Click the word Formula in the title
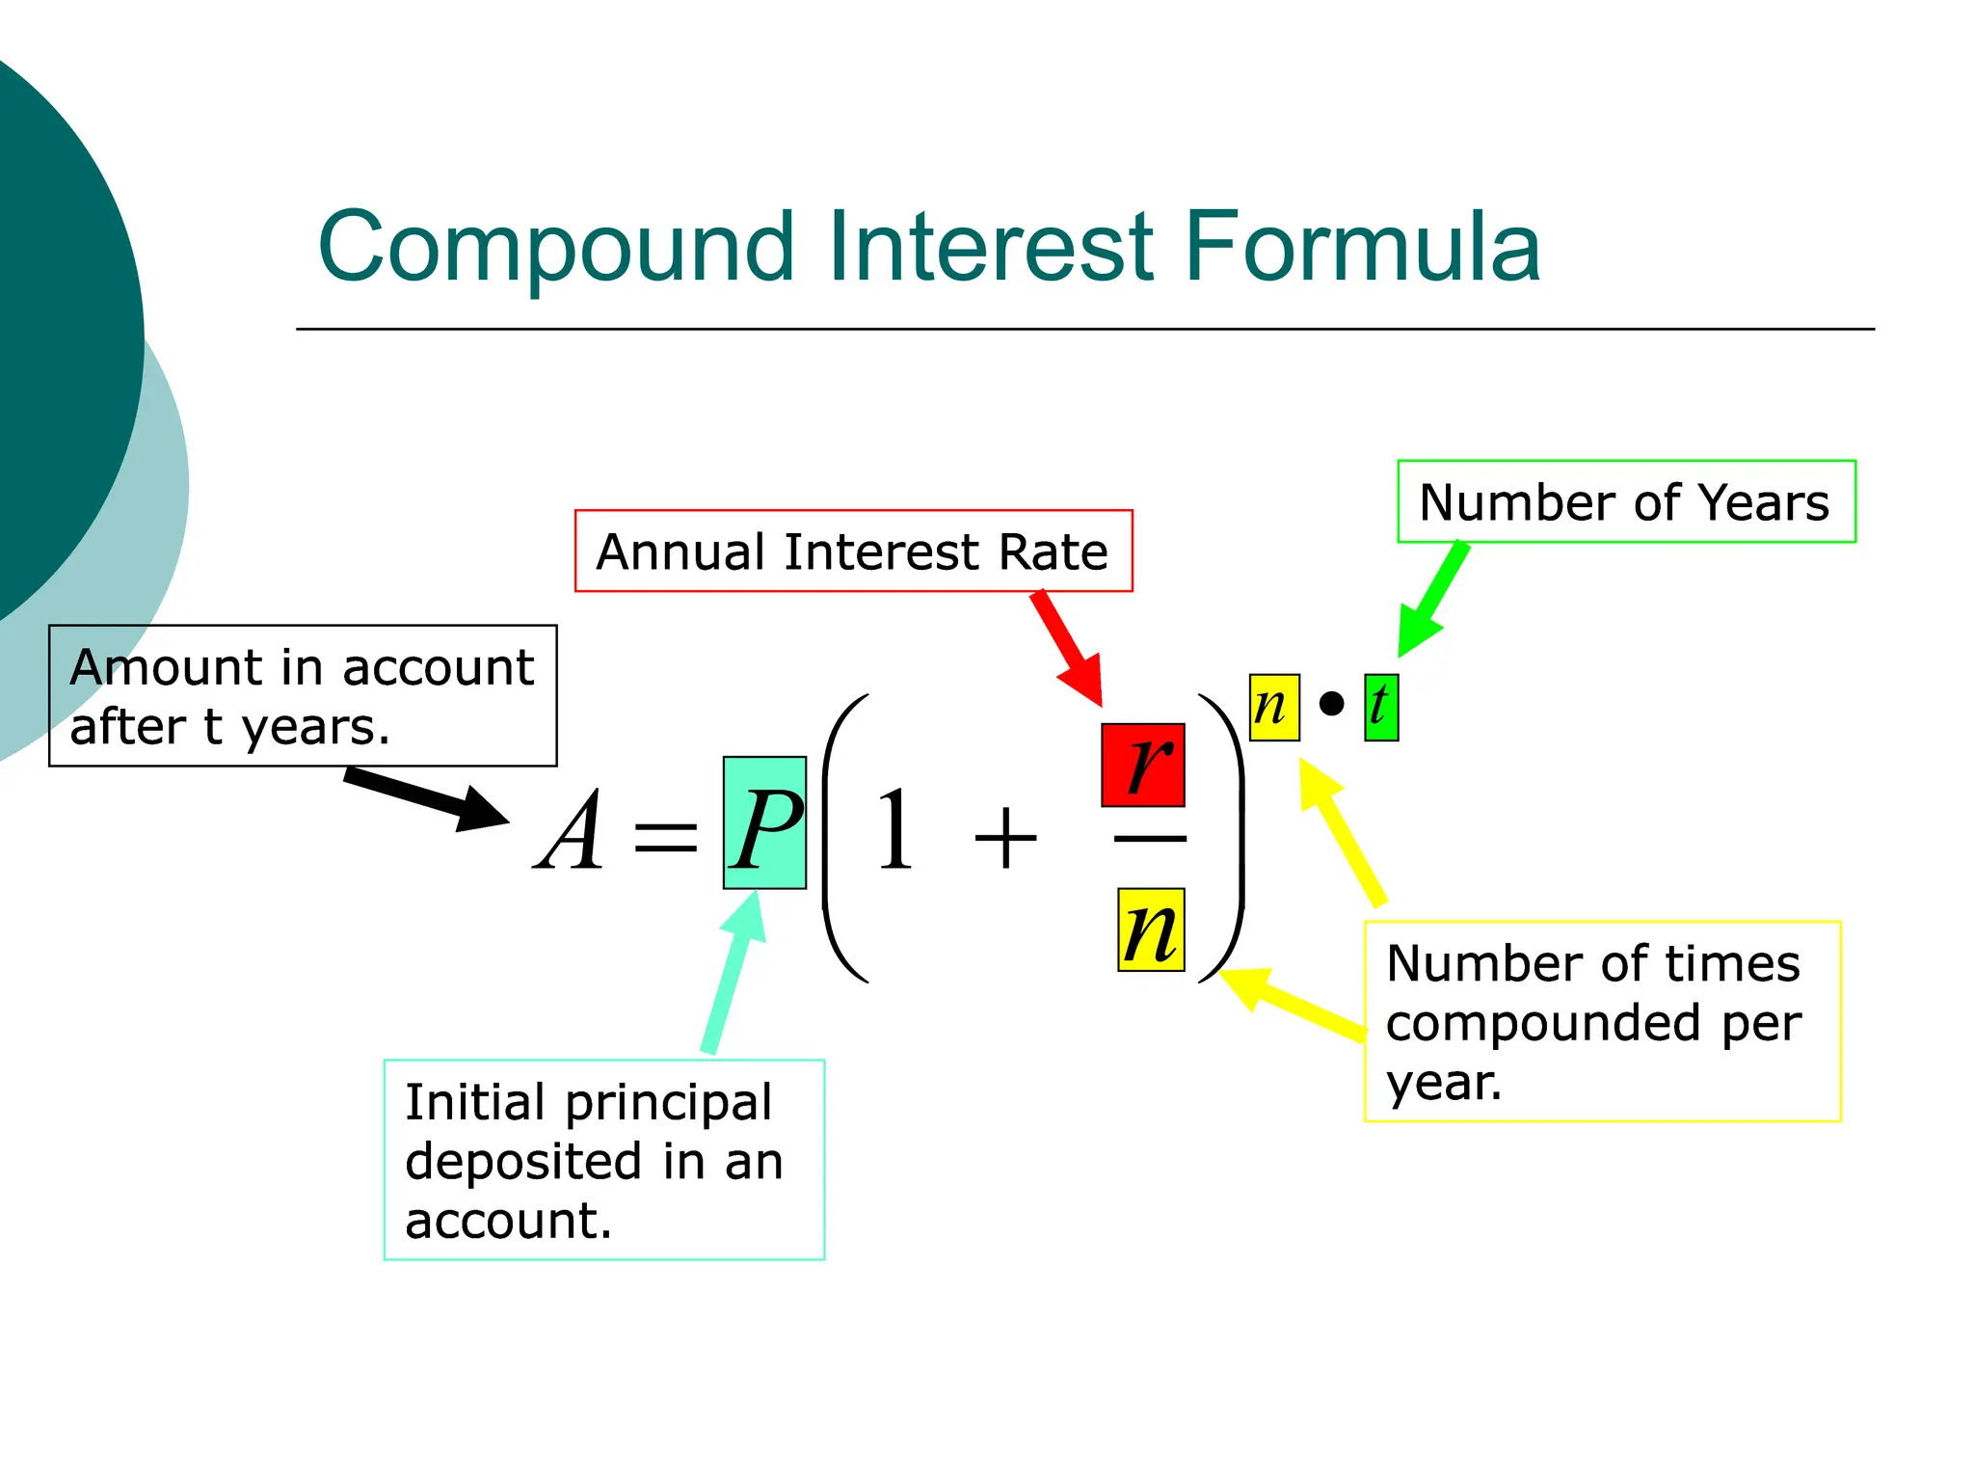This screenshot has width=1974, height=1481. (1361, 248)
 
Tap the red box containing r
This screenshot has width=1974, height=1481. (1143, 765)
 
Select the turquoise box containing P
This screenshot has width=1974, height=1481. (764, 822)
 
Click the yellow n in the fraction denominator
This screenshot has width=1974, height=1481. (1151, 930)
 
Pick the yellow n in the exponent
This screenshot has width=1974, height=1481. (1273, 707)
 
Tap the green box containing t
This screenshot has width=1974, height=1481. (1380, 707)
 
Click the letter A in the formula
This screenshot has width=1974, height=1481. (571, 831)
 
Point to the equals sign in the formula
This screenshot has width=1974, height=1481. (665, 836)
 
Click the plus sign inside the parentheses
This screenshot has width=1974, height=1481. (1005, 837)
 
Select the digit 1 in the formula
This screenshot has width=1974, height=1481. (894, 831)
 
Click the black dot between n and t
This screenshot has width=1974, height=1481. (1331, 704)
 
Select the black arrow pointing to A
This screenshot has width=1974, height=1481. (424, 796)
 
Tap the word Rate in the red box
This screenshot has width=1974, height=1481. (1054, 552)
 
